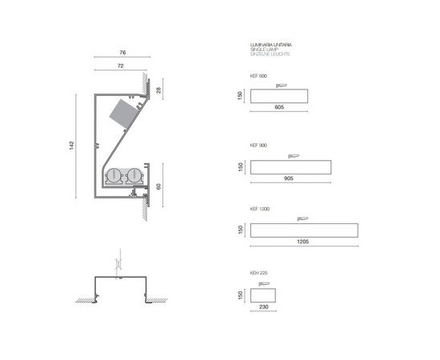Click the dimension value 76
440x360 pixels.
[122, 52]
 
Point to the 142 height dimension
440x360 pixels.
[71, 146]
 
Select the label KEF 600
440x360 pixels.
[258, 76]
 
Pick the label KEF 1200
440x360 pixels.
[259, 209]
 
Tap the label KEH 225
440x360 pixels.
[258, 273]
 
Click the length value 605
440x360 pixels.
[279, 106]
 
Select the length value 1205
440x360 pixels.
[302, 240]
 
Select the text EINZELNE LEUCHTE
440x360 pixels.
[270, 54]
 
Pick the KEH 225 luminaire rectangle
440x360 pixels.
[264, 294]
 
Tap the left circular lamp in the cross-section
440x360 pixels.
[114, 176]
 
